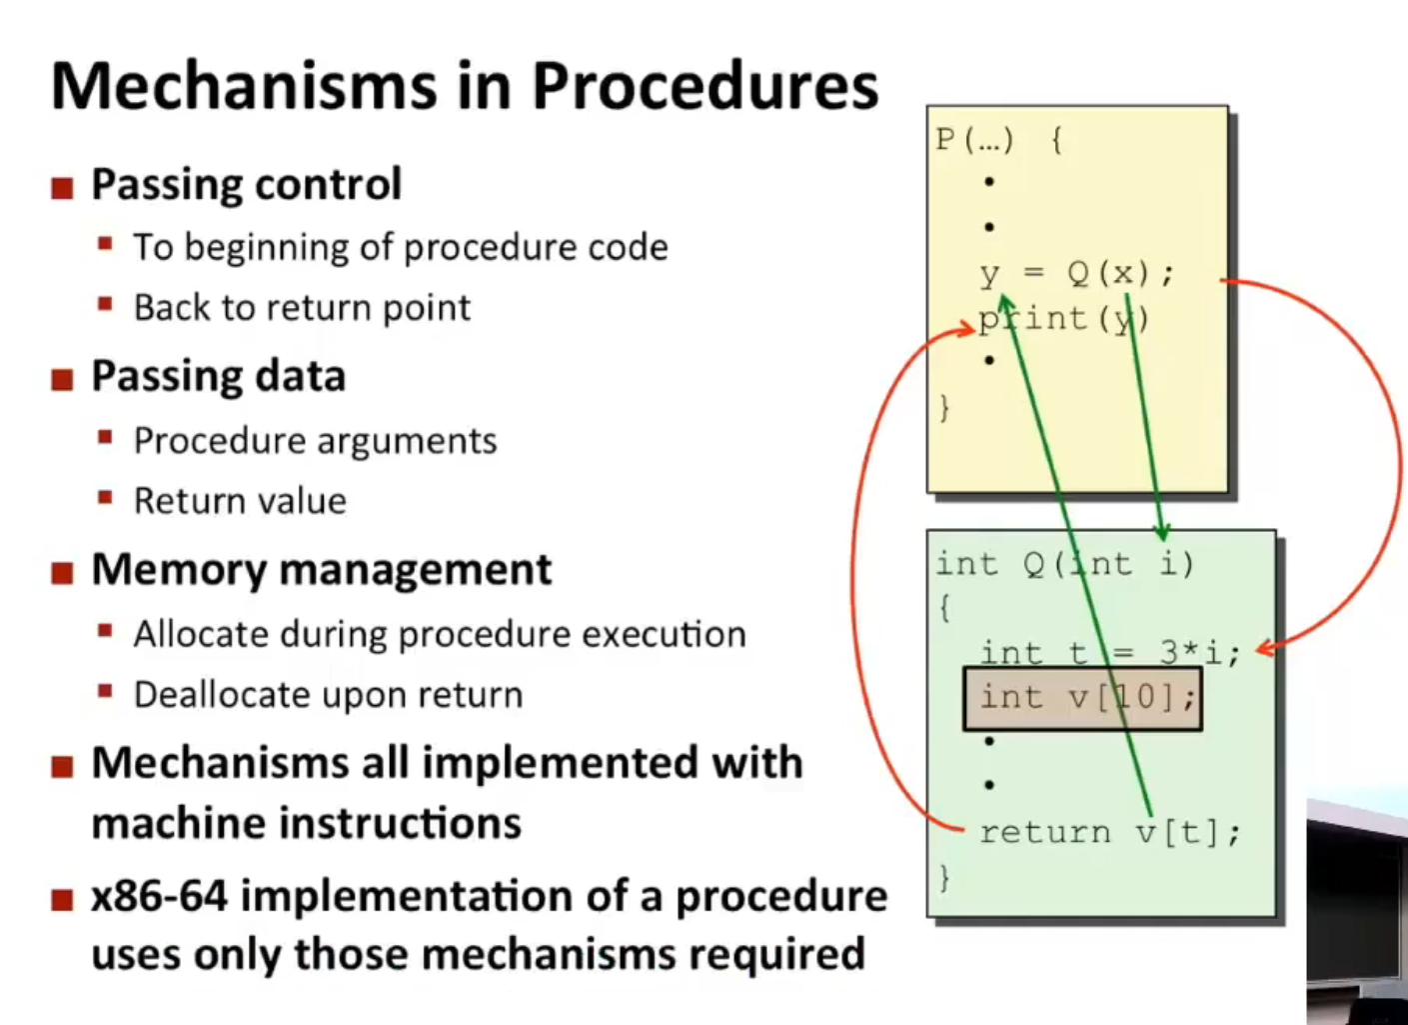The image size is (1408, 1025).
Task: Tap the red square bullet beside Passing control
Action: point(62,187)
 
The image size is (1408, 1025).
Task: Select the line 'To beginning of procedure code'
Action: point(400,247)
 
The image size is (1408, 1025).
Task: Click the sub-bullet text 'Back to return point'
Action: point(302,308)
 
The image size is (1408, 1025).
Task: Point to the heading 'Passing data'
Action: point(218,377)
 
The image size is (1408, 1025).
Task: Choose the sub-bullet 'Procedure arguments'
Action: point(315,441)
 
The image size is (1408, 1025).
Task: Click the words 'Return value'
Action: point(240,501)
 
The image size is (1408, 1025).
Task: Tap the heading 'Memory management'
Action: point(321,570)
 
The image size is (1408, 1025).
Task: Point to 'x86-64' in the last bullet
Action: point(159,896)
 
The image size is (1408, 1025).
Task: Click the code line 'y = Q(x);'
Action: point(1076,273)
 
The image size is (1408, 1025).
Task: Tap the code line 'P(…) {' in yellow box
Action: point(998,140)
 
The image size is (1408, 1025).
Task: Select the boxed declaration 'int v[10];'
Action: point(1083,697)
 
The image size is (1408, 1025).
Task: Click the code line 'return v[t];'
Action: point(1109,832)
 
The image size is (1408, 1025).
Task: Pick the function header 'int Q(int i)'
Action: point(1064,564)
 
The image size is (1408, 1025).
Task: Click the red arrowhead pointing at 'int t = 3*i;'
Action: point(1264,649)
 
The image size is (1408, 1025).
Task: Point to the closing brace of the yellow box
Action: point(944,408)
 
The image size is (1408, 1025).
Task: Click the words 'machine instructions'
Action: point(306,824)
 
